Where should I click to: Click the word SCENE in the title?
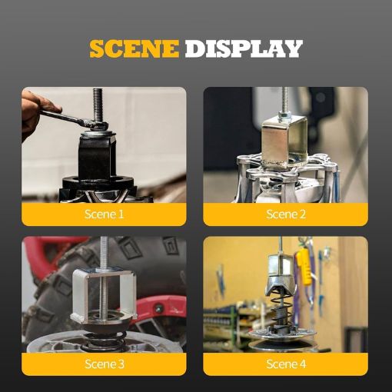134,48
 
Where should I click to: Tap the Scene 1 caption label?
104,214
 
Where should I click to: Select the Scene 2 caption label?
286,214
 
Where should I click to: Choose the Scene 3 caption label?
105,364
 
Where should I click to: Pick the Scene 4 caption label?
286,364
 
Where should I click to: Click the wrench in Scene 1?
73,118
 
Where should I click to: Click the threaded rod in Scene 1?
98,105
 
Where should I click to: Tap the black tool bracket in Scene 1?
95,156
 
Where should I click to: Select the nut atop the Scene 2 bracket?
285,116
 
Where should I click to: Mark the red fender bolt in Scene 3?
159,307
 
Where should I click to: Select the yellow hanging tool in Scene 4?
304,267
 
